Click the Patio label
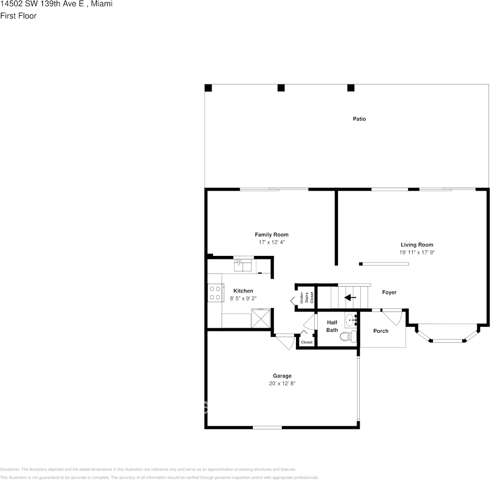(x=359, y=119)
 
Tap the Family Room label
(x=271, y=235)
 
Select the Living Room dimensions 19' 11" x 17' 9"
(x=417, y=252)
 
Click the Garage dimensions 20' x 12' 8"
(x=282, y=384)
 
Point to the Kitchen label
(x=243, y=291)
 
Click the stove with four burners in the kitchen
(x=215, y=293)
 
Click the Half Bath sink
(x=352, y=320)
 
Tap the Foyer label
(x=389, y=292)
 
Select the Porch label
(x=381, y=331)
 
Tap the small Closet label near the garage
(x=307, y=342)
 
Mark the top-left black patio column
(x=208, y=88)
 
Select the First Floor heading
(x=18, y=16)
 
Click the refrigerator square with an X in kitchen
(x=261, y=319)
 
